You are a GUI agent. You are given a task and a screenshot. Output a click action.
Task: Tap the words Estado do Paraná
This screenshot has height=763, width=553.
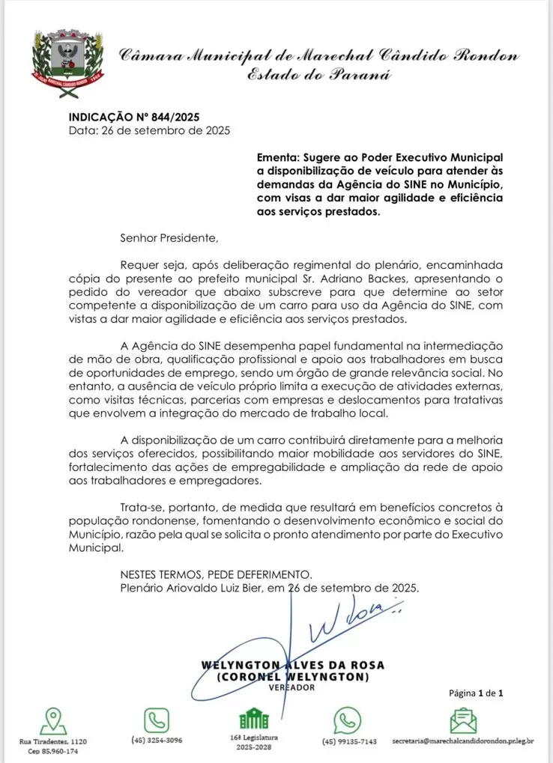coord(321,75)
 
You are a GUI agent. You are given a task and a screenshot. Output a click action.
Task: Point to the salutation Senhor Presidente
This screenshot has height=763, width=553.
coord(170,239)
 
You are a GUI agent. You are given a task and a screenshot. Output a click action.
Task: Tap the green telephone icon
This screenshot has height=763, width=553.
coord(157,721)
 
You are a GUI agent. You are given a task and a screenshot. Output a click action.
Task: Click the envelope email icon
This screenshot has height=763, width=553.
coord(463,721)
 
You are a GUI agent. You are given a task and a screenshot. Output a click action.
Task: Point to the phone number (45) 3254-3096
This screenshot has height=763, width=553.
coord(157,741)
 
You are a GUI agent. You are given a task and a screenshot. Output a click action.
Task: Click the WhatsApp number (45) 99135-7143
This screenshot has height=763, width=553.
coord(349,741)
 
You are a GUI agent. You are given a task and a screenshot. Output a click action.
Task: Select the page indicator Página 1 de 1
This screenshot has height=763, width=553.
coord(476,693)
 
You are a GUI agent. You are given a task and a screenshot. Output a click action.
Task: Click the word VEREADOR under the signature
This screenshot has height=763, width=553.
coord(291,687)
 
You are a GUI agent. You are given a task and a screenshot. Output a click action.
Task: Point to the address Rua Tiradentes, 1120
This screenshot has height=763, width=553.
coord(52,741)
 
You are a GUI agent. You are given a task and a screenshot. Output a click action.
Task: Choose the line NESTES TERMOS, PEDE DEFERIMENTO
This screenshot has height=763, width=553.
coord(216,574)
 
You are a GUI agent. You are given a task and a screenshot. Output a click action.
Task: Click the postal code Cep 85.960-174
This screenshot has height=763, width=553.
coord(52,751)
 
